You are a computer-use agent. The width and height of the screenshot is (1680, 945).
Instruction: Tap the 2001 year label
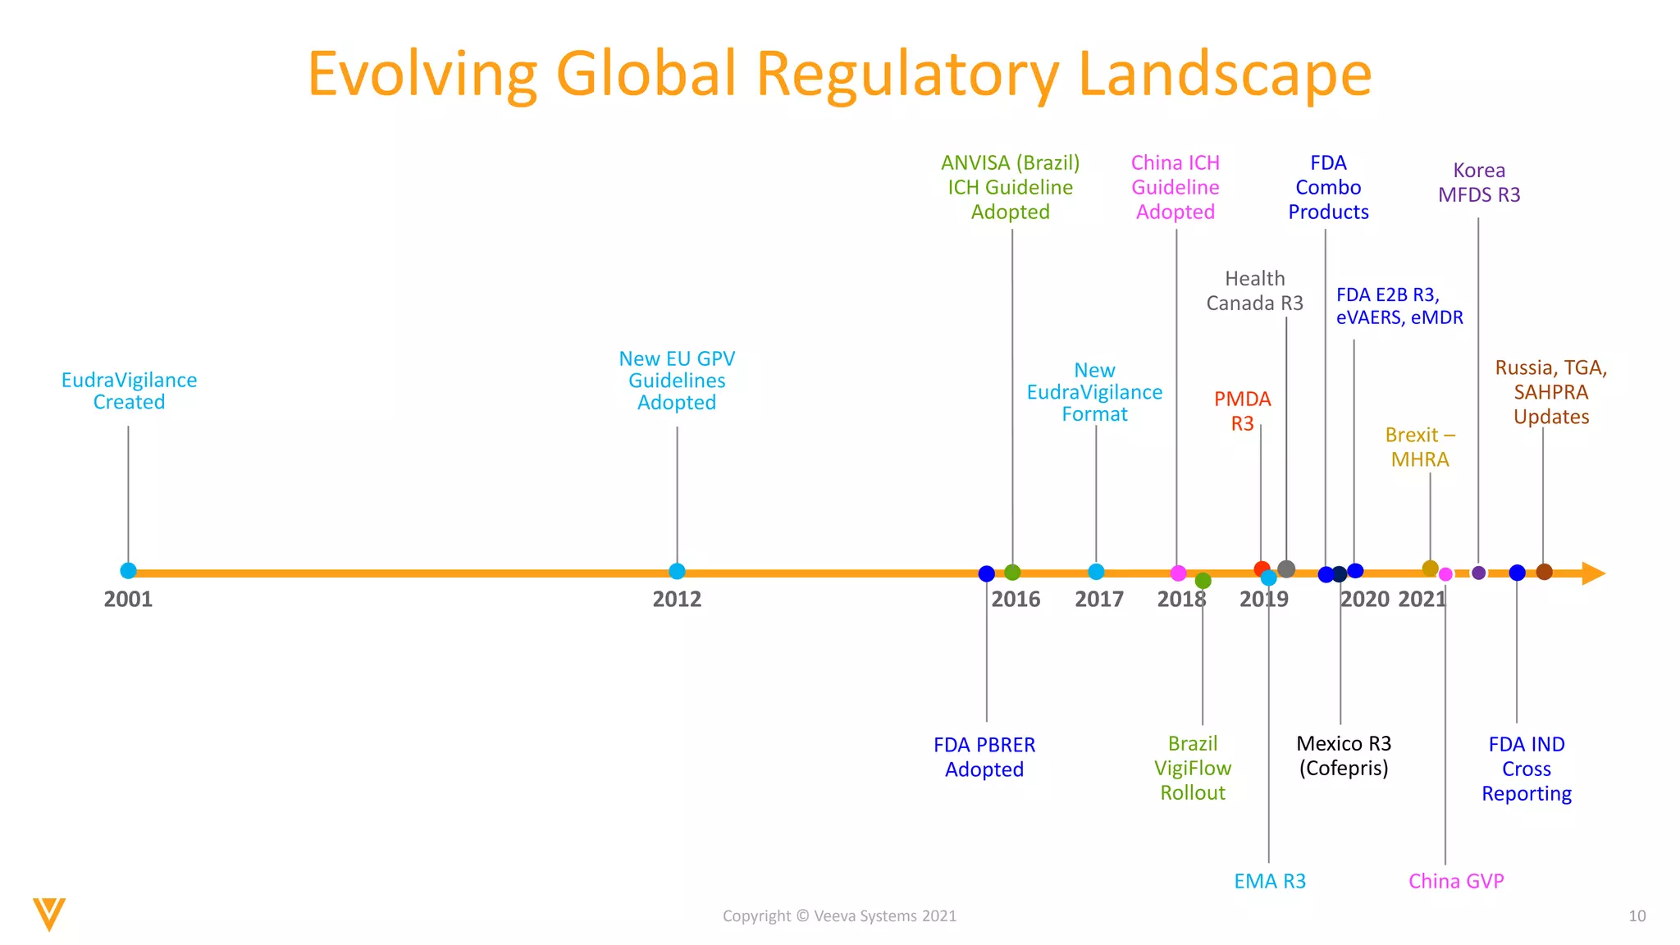coord(128,600)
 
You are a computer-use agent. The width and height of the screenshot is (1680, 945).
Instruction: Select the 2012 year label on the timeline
coord(677,600)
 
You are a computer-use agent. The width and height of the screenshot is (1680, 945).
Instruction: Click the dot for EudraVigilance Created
coord(128,571)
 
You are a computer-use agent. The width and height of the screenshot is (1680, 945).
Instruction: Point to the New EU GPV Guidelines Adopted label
coord(677,381)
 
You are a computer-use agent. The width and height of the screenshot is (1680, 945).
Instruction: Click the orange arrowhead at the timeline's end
coord(1592,573)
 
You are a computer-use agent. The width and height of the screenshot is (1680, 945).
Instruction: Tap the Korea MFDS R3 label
coord(1479,183)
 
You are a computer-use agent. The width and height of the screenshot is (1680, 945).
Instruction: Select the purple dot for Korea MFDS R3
coord(1478,573)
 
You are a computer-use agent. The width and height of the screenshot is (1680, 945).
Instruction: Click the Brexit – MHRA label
coord(1420,447)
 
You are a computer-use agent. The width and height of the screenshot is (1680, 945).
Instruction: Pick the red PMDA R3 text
coord(1242,411)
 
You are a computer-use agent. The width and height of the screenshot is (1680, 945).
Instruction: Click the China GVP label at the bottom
coord(1456,882)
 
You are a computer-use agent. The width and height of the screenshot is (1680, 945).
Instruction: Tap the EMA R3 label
coord(1269,882)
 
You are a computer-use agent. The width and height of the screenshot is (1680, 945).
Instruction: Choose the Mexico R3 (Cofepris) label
coord(1344,756)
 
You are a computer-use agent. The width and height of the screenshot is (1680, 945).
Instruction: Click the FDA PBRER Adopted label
coord(984,757)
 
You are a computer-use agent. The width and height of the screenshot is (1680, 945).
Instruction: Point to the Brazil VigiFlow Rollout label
coord(1193,769)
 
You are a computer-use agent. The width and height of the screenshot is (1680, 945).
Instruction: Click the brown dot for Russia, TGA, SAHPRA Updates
coord(1544,572)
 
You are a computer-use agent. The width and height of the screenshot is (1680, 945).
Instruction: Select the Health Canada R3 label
coord(1254,291)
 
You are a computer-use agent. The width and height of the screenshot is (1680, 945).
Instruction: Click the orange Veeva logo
coord(49,914)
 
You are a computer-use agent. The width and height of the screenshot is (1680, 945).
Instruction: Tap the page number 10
coord(1637,916)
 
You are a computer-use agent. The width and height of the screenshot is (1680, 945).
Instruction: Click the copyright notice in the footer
coord(839,916)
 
